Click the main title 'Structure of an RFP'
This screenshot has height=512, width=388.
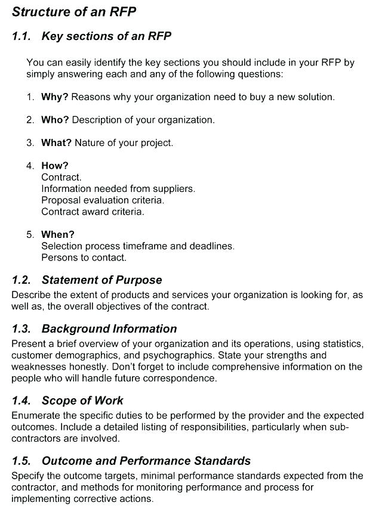tap(74, 11)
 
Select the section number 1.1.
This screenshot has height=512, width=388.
tap(21, 36)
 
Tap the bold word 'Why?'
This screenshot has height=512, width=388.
tap(55, 97)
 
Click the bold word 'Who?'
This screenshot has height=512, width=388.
tap(55, 120)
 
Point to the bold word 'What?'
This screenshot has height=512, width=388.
tap(57, 143)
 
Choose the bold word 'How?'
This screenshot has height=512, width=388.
tap(55, 166)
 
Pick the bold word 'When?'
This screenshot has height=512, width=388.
tap(58, 235)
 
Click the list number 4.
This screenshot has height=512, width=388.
tap(30, 166)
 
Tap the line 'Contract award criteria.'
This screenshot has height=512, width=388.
tap(93, 212)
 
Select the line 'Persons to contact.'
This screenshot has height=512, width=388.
tap(84, 257)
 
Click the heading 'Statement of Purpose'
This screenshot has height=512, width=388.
tap(101, 280)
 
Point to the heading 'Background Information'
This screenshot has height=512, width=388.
tap(109, 329)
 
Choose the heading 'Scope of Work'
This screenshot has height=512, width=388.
tap(82, 401)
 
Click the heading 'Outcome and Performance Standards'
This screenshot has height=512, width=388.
tap(146, 461)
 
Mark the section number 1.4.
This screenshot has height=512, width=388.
tap(21, 401)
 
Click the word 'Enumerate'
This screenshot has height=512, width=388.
tap(36, 415)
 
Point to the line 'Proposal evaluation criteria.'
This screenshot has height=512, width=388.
tap(103, 200)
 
